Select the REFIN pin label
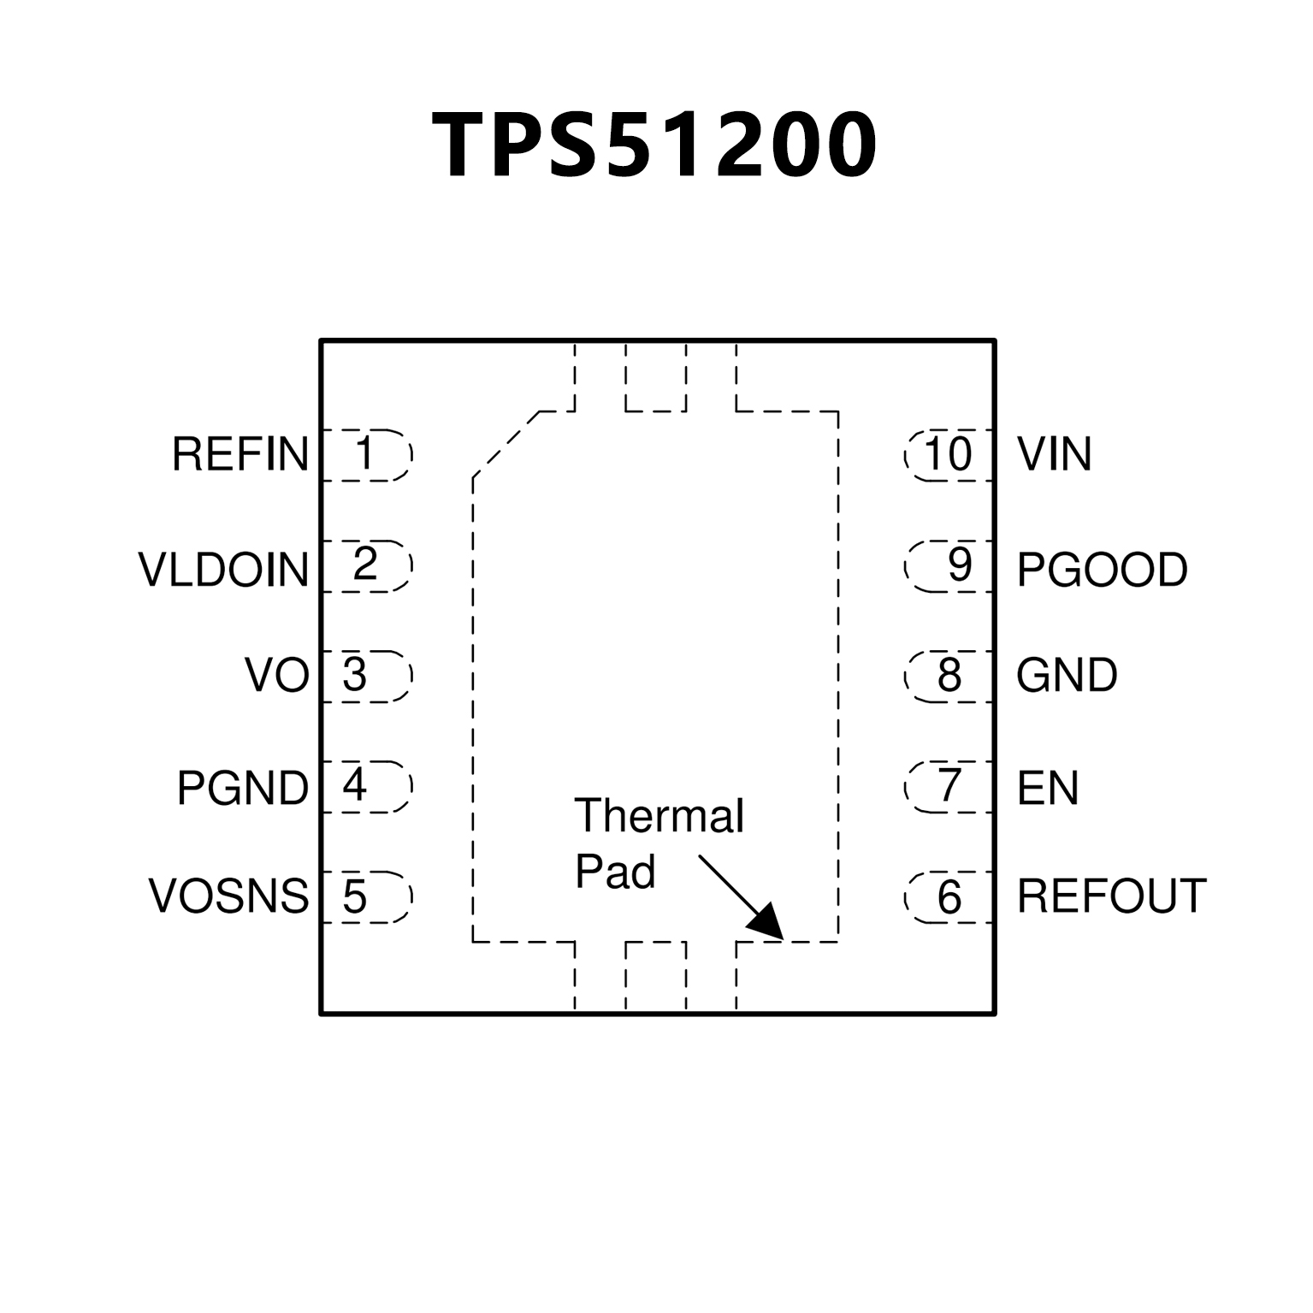coord(240,454)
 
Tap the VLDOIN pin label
coord(223,570)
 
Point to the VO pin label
coord(276,675)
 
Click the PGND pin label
coord(242,788)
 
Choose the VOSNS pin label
coord(228,896)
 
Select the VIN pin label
coord(1054,454)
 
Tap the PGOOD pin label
coord(1102,570)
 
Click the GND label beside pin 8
coord(1067,675)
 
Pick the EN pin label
coord(1047,788)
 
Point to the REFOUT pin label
coord(1111,896)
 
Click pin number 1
coord(365,453)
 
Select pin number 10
coord(948,454)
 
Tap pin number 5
coord(354,896)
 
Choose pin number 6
coord(949,897)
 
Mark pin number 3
coord(354,675)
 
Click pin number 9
coord(960,565)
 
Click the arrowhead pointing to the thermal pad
coord(767,923)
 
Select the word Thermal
coord(659,816)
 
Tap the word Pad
coord(615,872)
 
